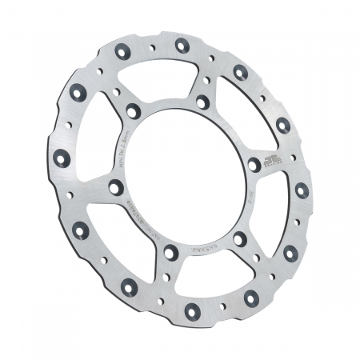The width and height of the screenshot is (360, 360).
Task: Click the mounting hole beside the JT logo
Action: [254, 165]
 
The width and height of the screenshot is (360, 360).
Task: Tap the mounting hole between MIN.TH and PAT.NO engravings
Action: [117, 188]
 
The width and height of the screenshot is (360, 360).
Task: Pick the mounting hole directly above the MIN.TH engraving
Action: [133, 110]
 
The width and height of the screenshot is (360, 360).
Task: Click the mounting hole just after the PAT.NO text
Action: [171, 253]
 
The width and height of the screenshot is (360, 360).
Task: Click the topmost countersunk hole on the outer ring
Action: [182, 46]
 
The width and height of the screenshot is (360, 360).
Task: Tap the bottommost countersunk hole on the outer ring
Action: [192, 310]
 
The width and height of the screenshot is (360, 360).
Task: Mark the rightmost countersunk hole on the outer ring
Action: [302, 190]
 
